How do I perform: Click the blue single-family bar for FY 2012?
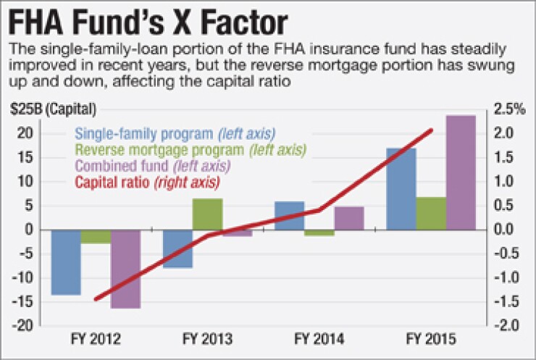66,261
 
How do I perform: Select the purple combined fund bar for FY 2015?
461,172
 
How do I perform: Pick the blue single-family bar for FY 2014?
290,215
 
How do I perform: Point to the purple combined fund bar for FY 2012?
125,268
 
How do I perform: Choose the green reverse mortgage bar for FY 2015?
431,213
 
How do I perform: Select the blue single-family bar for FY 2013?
177,248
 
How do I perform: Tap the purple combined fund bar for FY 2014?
348,218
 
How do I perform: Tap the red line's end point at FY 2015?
432,130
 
